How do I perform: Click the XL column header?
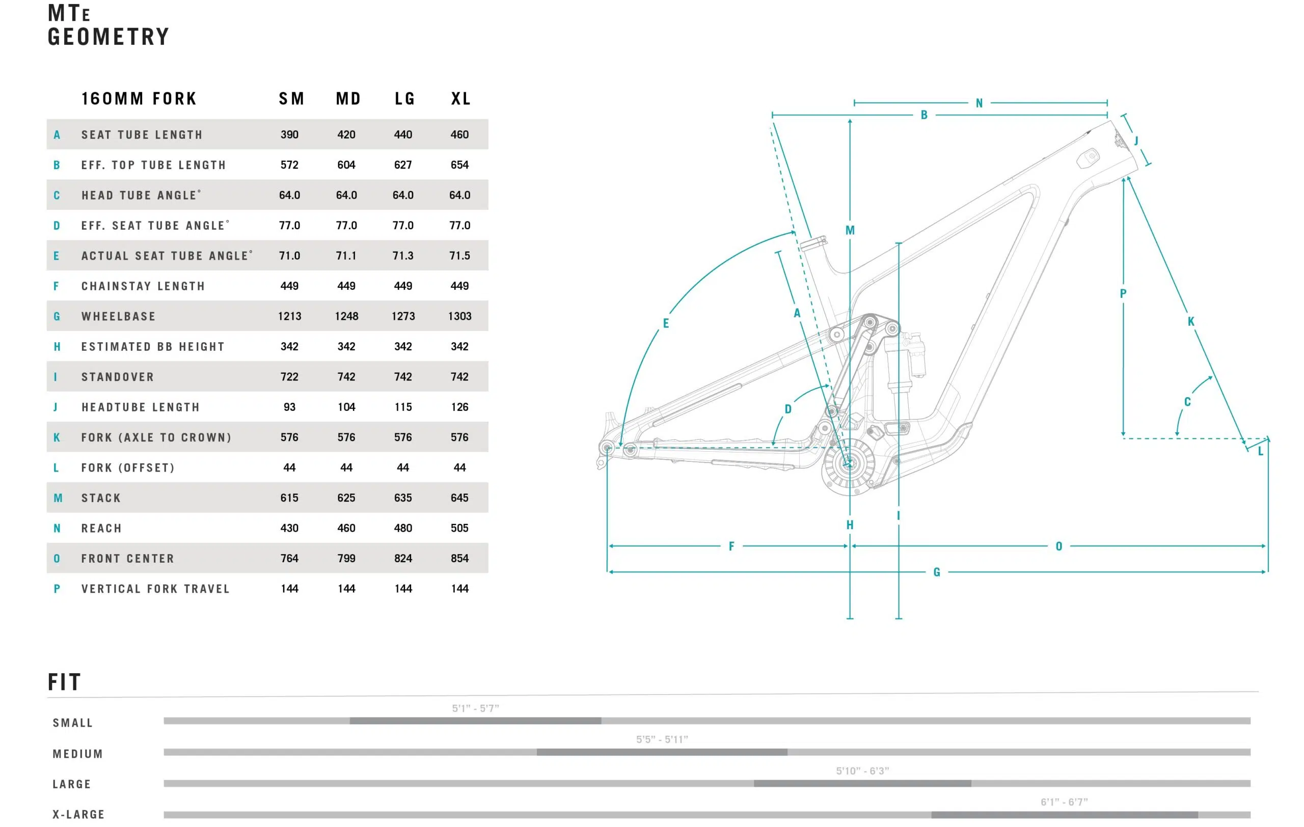(x=461, y=98)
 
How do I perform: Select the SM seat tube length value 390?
(x=290, y=134)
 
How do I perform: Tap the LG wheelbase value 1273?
(x=403, y=316)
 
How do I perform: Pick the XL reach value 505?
(x=460, y=528)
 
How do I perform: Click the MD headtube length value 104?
(x=346, y=407)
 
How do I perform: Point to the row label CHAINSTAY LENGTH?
(x=143, y=286)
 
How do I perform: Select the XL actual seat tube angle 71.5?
(x=460, y=256)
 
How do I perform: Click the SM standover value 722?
(x=290, y=377)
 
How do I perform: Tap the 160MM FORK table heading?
(x=139, y=98)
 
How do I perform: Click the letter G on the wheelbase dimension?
(x=937, y=572)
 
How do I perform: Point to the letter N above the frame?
(x=979, y=103)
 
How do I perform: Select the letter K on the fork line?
(x=1191, y=321)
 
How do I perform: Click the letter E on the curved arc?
(x=666, y=323)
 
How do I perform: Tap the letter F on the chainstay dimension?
(x=731, y=546)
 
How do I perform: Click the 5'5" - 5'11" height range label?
(x=662, y=739)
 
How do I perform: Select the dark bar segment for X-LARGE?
(x=1065, y=815)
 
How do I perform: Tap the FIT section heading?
(x=65, y=682)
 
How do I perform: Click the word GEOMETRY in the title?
(x=108, y=37)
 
